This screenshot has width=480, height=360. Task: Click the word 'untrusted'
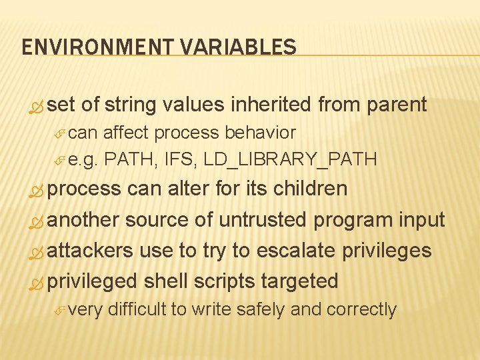click(272, 220)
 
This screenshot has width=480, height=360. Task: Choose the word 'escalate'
click(301, 251)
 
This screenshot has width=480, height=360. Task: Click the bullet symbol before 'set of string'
click(37, 106)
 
